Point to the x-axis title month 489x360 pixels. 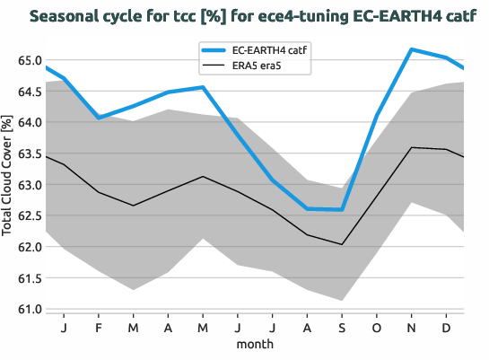pyautogui.click(x=255, y=344)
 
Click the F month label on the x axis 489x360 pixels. pyautogui.click(x=99, y=328)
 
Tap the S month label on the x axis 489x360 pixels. pyautogui.click(x=341, y=328)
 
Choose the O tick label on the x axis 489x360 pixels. pyautogui.click(x=376, y=328)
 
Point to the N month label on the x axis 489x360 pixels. pyautogui.click(x=411, y=328)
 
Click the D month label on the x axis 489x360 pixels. pyautogui.click(x=446, y=328)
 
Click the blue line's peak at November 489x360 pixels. pyautogui.click(x=411, y=49)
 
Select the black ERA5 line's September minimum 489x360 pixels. pyautogui.click(x=342, y=244)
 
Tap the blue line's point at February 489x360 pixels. pyautogui.click(x=99, y=118)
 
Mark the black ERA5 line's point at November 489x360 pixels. pyautogui.click(x=411, y=147)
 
